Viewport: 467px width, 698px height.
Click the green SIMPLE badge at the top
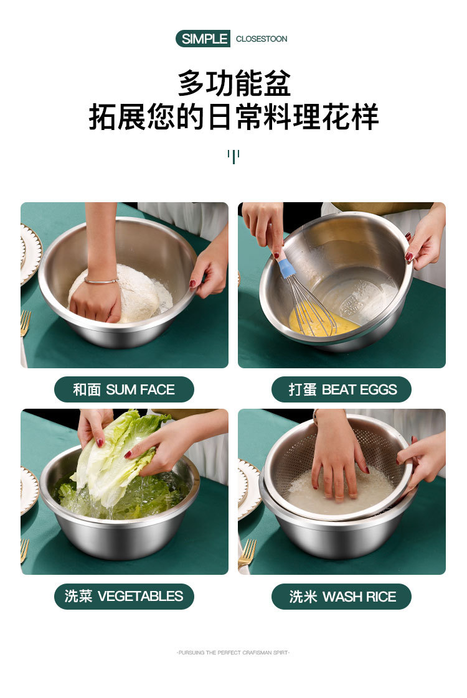(203, 39)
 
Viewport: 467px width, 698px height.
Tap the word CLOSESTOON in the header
(262, 39)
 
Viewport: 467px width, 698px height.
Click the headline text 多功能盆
(233, 83)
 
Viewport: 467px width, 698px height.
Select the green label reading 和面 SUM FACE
(124, 389)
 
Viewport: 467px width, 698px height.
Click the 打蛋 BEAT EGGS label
(342, 389)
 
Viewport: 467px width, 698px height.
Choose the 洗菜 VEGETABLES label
(124, 596)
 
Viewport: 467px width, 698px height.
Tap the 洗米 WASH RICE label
(342, 597)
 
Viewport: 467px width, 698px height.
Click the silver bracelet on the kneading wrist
(101, 281)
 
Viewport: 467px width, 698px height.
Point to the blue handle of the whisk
(286, 268)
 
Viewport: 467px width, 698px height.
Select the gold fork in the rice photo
(247, 552)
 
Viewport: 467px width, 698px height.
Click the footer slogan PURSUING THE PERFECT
(233, 653)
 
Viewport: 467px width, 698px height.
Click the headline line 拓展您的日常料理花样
(233, 117)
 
